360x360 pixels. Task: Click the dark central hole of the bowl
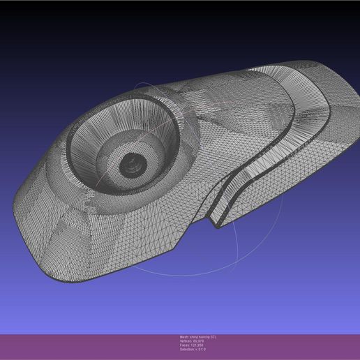[130, 165]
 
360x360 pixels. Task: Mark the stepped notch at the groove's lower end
[216, 222]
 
